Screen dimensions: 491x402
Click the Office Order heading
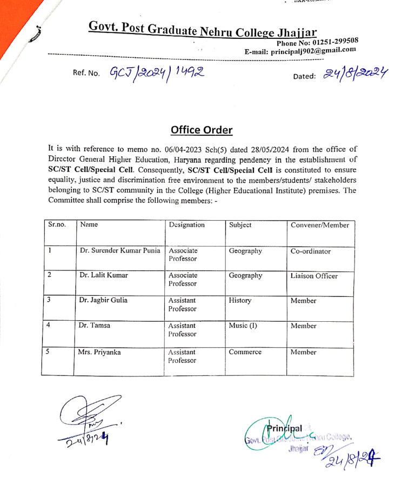point(202,130)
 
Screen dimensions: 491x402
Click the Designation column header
point(186,224)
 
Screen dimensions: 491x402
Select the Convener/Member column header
point(320,225)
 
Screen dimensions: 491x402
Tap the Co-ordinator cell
point(311,251)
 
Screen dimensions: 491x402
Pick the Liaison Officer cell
point(314,276)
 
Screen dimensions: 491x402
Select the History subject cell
point(240,300)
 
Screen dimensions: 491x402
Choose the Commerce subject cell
point(245,352)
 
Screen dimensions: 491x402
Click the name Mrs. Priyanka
point(100,353)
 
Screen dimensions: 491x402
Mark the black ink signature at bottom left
point(84,419)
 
